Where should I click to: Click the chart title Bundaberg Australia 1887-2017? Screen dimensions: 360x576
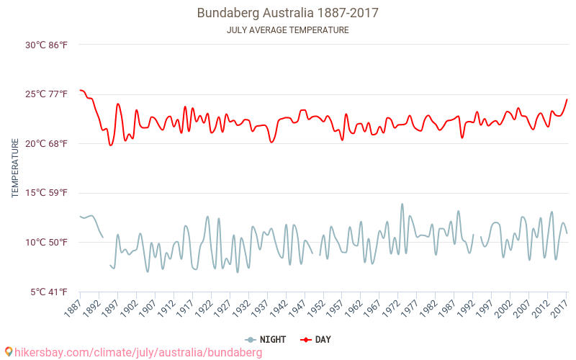click(287, 13)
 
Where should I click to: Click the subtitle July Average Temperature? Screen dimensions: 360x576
click(287, 30)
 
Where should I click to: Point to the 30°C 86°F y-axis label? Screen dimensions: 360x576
click(46, 45)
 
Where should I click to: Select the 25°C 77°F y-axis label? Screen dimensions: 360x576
click(46, 94)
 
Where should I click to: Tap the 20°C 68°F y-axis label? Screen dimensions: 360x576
click(46, 143)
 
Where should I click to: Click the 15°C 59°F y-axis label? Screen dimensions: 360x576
click(46, 193)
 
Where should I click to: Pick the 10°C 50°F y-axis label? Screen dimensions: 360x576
click(46, 242)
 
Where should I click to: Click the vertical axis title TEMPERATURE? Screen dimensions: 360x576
click(15, 168)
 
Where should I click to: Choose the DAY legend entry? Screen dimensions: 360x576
click(315, 339)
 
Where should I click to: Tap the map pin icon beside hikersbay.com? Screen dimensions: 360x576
click(9, 352)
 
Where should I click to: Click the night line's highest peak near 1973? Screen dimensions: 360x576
click(402, 204)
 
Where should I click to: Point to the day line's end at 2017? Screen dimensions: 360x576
click(567, 99)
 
